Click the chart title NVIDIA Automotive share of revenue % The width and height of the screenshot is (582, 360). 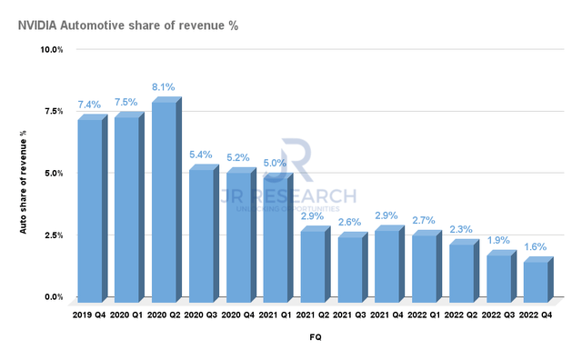click(x=127, y=25)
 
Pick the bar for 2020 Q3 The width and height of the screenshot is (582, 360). click(x=201, y=235)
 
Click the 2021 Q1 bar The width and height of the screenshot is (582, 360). click(x=276, y=239)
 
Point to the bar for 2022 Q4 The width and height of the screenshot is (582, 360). click(x=537, y=282)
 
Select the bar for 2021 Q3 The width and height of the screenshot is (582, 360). click(x=350, y=269)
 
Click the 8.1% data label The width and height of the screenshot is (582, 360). click(x=164, y=86)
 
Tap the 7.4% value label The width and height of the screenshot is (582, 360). click(x=90, y=105)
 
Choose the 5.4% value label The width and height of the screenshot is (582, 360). click(x=201, y=155)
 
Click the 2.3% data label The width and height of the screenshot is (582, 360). click(x=462, y=229)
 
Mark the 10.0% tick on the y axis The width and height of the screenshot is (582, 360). click(x=50, y=49)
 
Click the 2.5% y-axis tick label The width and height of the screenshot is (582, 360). click(x=52, y=235)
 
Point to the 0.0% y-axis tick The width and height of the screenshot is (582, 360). click(x=52, y=297)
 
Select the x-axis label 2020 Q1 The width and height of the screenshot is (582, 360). click(x=127, y=315)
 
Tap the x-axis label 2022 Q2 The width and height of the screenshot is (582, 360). click(x=462, y=315)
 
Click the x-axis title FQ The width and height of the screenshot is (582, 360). click(x=314, y=336)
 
